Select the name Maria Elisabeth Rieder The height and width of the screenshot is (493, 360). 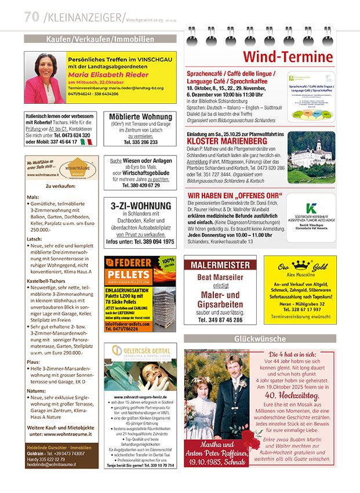(110, 75)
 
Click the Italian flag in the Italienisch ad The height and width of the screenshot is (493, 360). (87, 142)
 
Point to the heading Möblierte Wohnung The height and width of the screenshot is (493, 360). (140, 117)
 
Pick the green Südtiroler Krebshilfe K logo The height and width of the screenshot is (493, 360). (311, 208)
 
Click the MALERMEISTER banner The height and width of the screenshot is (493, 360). (220, 264)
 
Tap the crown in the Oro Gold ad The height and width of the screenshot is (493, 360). (300, 265)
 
